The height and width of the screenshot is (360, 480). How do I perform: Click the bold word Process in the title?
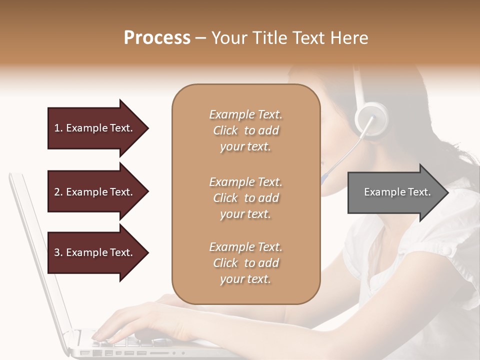point(157,38)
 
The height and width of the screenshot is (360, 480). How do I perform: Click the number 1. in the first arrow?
point(58,128)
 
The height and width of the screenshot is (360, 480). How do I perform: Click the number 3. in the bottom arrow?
point(58,252)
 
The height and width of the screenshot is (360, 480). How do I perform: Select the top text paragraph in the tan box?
point(245,130)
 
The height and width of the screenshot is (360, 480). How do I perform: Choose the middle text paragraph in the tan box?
point(245,198)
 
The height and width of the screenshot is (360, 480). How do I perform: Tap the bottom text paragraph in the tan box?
point(245,263)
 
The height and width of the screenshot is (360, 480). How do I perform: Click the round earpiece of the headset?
point(371,119)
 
